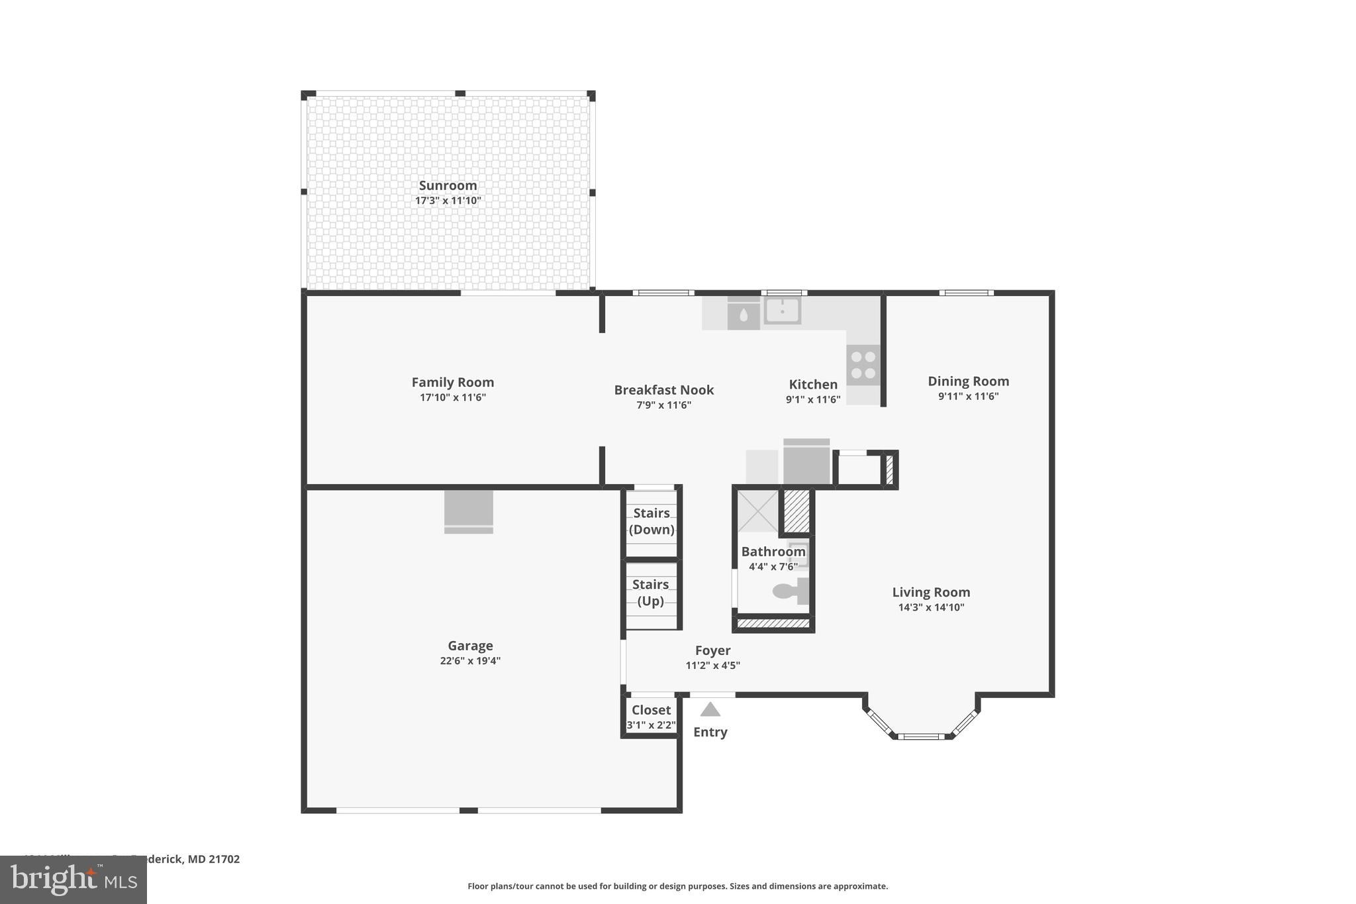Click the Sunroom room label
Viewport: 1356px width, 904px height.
[x=448, y=185]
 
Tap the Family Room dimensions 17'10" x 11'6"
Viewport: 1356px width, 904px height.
[x=453, y=397]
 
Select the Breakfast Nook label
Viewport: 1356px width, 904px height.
[x=663, y=390]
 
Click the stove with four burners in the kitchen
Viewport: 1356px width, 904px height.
[x=863, y=365]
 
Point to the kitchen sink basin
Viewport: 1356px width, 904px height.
[x=782, y=310]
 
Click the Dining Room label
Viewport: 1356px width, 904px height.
[x=968, y=381]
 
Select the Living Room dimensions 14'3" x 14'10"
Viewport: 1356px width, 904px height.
[x=931, y=607]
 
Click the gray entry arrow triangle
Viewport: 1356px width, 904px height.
[x=710, y=710]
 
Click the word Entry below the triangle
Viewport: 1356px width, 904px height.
[x=710, y=732]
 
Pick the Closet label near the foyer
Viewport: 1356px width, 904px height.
[x=651, y=710]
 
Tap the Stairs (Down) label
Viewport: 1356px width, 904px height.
[x=652, y=521]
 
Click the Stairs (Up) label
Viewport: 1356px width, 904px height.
[x=651, y=593]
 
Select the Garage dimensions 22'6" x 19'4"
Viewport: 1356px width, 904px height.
[x=470, y=660]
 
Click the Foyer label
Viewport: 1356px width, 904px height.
[x=712, y=650]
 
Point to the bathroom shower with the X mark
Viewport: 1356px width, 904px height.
[x=757, y=511]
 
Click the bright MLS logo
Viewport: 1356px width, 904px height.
[x=73, y=879]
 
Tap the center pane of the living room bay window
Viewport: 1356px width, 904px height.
[x=921, y=736]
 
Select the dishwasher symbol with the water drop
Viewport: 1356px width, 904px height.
[x=744, y=315]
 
